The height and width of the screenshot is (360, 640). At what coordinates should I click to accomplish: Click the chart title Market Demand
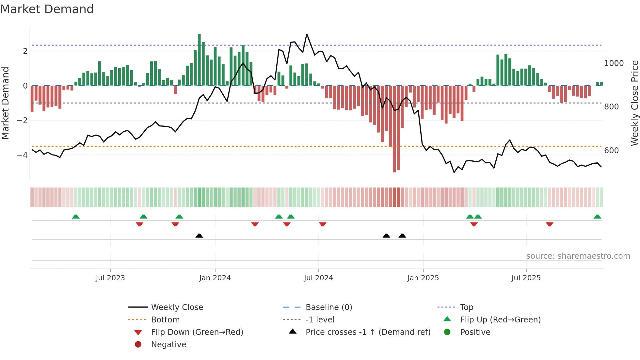[47, 9]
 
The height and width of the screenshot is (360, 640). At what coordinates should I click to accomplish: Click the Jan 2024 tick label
[215, 278]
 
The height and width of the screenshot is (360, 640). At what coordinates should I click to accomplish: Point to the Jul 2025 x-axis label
[526, 278]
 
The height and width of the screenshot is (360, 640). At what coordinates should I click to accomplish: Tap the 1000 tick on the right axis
[614, 63]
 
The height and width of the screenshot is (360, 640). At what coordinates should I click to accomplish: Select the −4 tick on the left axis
[22, 155]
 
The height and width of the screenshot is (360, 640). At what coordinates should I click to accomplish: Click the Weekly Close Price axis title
[634, 103]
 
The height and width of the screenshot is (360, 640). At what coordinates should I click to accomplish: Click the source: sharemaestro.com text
[578, 256]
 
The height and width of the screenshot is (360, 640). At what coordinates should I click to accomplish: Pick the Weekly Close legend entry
[177, 307]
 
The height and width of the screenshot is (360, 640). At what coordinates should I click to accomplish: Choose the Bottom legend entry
[165, 319]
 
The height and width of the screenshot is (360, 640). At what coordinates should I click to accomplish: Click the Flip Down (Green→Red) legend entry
[197, 332]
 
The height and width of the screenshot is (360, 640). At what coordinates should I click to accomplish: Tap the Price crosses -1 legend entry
[368, 332]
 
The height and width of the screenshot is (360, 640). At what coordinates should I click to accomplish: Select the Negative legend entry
[168, 344]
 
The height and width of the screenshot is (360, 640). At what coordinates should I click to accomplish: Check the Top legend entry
[466, 307]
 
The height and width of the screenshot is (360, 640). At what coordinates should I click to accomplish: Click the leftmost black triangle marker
[199, 236]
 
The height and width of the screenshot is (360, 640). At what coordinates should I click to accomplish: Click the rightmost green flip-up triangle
[597, 217]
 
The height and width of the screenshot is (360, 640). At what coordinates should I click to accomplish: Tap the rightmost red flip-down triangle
[550, 224]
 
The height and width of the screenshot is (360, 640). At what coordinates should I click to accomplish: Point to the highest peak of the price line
[307, 34]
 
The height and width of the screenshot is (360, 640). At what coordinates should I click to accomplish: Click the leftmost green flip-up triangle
[76, 217]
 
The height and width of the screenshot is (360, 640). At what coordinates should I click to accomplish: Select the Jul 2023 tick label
[110, 278]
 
